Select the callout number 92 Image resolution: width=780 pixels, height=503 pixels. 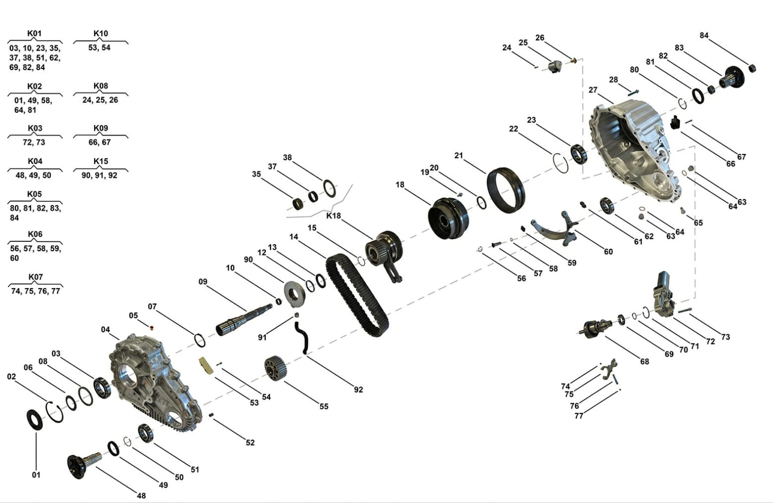(358, 390)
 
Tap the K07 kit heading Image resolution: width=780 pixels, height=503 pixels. (35, 277)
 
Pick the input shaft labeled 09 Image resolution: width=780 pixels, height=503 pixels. (243, 319)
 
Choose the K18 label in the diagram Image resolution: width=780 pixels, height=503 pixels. (333, 216)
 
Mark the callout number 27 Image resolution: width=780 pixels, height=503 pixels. (593, 90)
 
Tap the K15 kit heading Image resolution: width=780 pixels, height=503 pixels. (101, 161)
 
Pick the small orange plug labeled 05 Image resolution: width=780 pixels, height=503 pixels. (152, 327)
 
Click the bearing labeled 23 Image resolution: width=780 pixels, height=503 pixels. (578, 153)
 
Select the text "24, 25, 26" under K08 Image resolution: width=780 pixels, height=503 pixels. (100, 100)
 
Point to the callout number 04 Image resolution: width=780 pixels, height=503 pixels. (105, 330)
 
